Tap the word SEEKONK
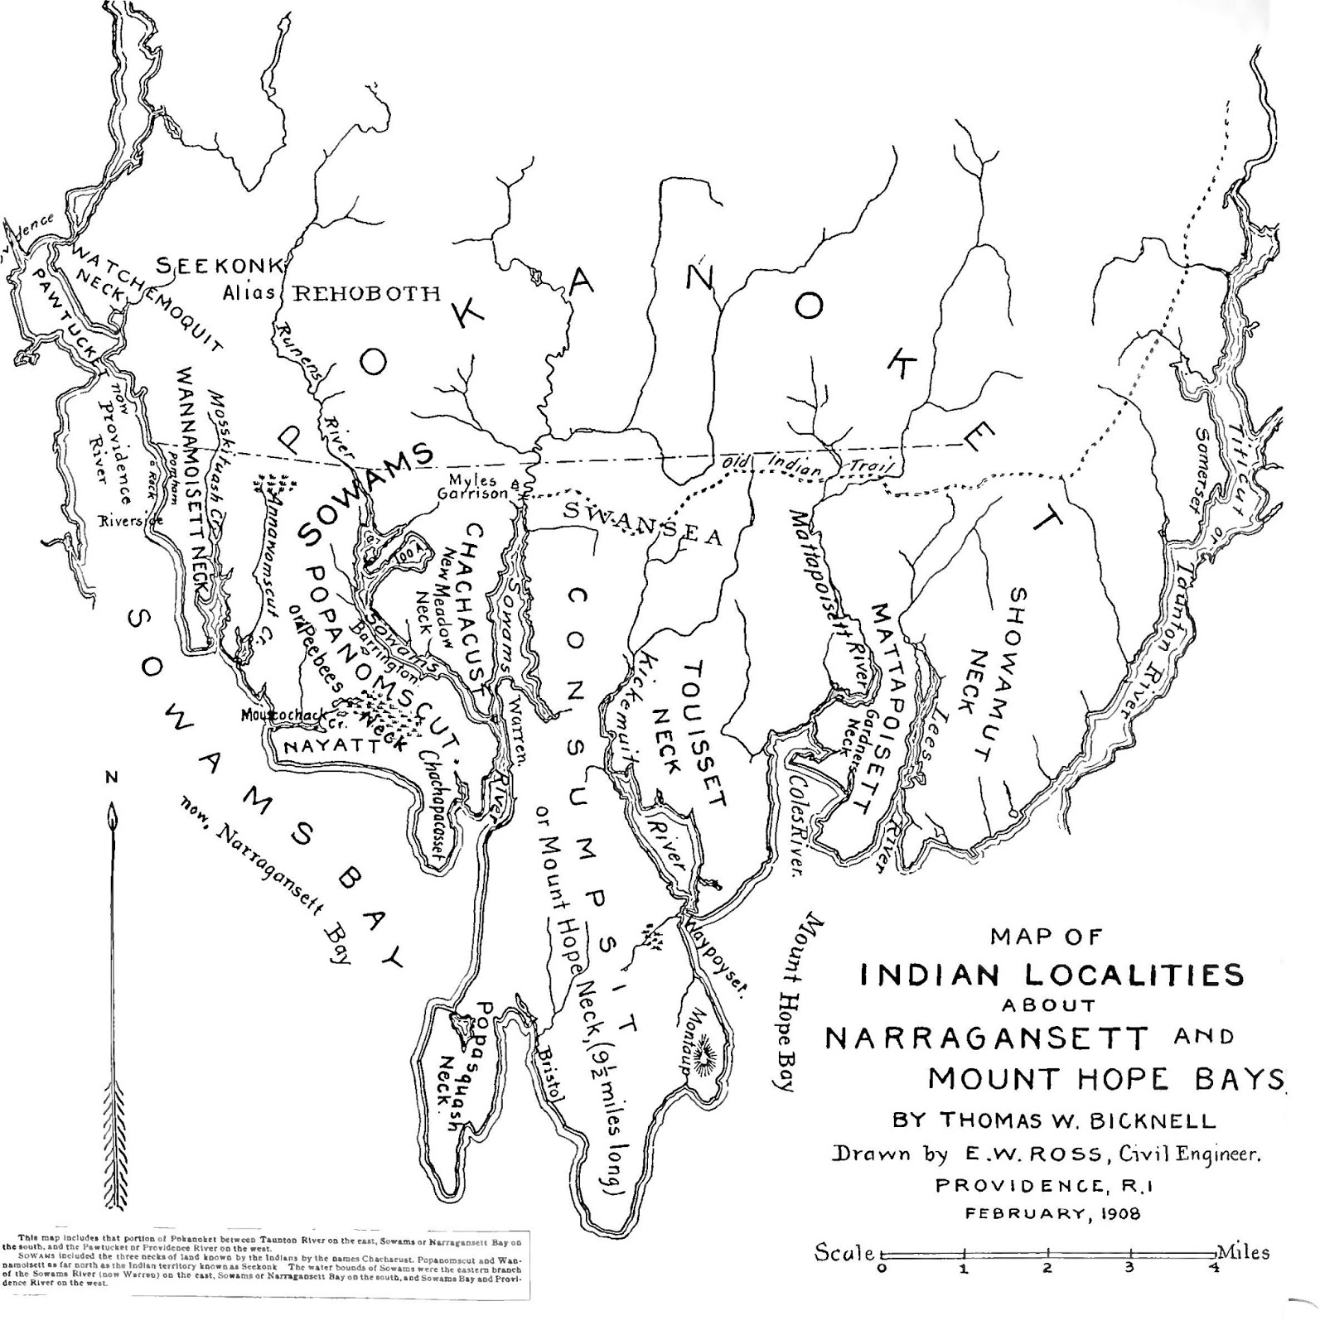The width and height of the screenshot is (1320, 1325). [221, 267]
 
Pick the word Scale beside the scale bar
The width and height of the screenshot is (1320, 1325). [844, 1251]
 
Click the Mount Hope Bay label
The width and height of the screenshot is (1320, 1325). [797, 1003]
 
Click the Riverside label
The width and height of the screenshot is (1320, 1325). [131, 521]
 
